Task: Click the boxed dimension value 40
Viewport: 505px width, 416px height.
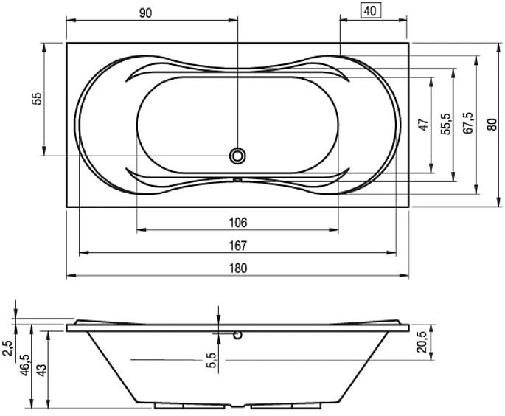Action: [x=370, y=11]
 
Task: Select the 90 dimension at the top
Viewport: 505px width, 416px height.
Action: [x=145, y=13]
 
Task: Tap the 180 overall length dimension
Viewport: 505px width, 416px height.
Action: [x=238, y=268]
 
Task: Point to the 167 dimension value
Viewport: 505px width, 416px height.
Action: [x=238, y=246]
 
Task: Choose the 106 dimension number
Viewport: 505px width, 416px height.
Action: [x=238, y=223]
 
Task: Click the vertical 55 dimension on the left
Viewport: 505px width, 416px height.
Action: [x=38, y=99]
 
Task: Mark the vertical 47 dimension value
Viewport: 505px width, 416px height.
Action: [x=424, y=125]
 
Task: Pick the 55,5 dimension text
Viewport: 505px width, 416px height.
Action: [x=446, y=124]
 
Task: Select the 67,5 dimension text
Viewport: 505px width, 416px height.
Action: [x=468, y=122]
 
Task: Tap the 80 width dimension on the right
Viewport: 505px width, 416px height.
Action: [x=492, y=124]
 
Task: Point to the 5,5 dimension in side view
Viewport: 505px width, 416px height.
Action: [x=211, y=360]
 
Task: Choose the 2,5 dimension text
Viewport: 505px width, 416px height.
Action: [x=7, y=348]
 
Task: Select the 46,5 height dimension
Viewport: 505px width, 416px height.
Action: [x=24, y=365]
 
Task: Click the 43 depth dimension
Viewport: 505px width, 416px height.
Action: [x=41, y=370]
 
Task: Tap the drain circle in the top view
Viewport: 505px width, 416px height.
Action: [x=237, y=156]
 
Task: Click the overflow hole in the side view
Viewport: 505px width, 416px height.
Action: [x=237, y=335]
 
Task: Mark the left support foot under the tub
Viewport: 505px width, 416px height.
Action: [x=189, y=406]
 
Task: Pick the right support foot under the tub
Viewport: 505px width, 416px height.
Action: [x=286, y=406]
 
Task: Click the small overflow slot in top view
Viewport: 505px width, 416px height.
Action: [x=237, y=179]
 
